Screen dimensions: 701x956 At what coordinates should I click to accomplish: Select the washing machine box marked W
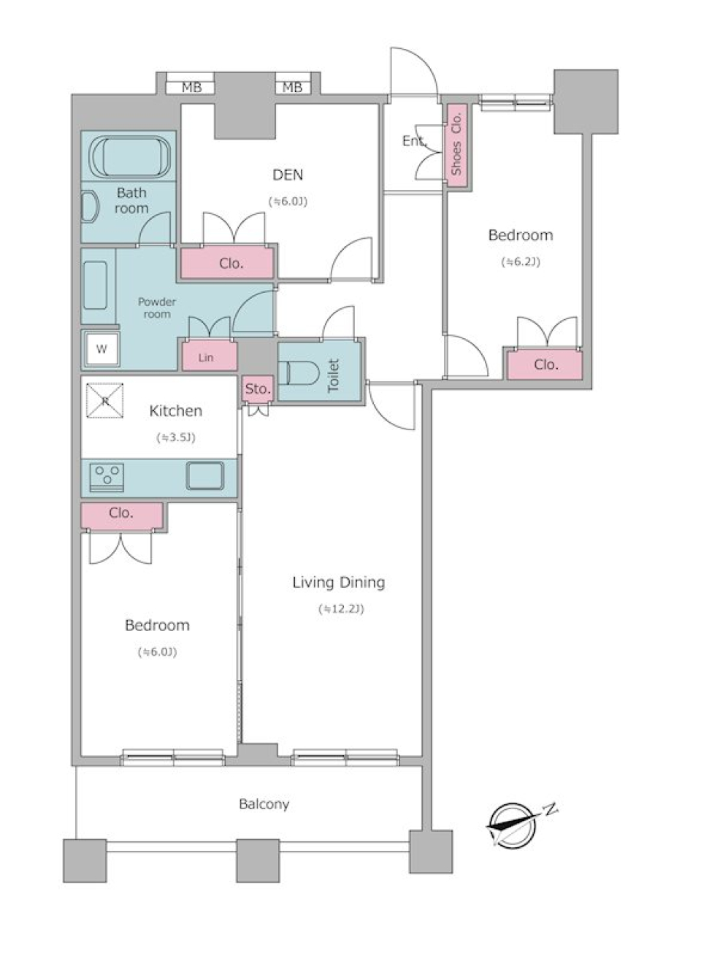[x=101, y=348]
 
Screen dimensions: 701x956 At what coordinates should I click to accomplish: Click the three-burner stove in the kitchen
[x=107, y=478]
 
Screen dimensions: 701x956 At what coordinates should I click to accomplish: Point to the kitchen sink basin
[x=204, y=475]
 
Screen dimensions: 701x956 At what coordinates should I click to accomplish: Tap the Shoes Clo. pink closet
[x=456, y=145]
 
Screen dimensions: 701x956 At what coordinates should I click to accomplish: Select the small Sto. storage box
[x=258, y=389]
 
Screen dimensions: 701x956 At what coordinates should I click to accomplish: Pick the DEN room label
[x=288, y=175]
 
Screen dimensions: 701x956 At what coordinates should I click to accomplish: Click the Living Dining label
[x=339, y=583]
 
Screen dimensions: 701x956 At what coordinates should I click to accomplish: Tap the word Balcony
[x=264, y=805]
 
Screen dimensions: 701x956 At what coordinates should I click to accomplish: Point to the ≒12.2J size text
[x=341, y=609]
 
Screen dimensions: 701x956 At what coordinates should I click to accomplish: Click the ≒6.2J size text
[x=521, y=262]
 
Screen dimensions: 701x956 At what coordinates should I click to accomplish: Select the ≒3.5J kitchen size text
[x=176, y=437]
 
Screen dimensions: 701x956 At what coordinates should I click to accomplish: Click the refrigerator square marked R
[x=105, y=400]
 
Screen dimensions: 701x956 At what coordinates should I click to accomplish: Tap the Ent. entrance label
[x=414, y=141]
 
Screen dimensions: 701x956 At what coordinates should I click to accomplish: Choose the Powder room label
[x=156, y=307]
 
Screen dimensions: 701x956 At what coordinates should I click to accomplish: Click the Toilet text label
[x=333, y=375]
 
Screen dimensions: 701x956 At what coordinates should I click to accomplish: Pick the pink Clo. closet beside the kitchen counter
[x=122, y=516]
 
